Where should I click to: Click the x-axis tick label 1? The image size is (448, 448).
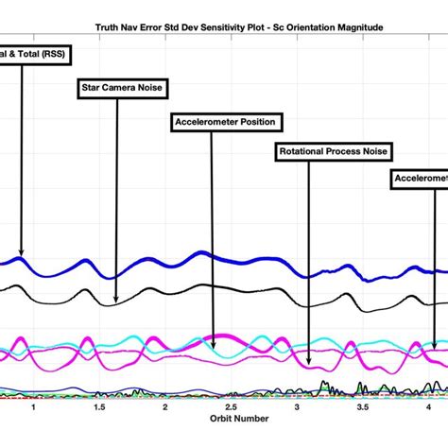point(34,407)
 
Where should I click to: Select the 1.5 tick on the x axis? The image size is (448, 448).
point(99,407)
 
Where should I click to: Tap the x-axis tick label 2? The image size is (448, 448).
point(164,407)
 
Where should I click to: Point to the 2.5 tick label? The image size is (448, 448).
point(231,407)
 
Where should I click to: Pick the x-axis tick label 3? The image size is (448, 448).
point(296,407)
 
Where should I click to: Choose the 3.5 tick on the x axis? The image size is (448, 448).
point(362,407)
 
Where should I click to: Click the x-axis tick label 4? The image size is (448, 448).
point(427,407)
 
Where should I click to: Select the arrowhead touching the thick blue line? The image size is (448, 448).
point(22,254)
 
